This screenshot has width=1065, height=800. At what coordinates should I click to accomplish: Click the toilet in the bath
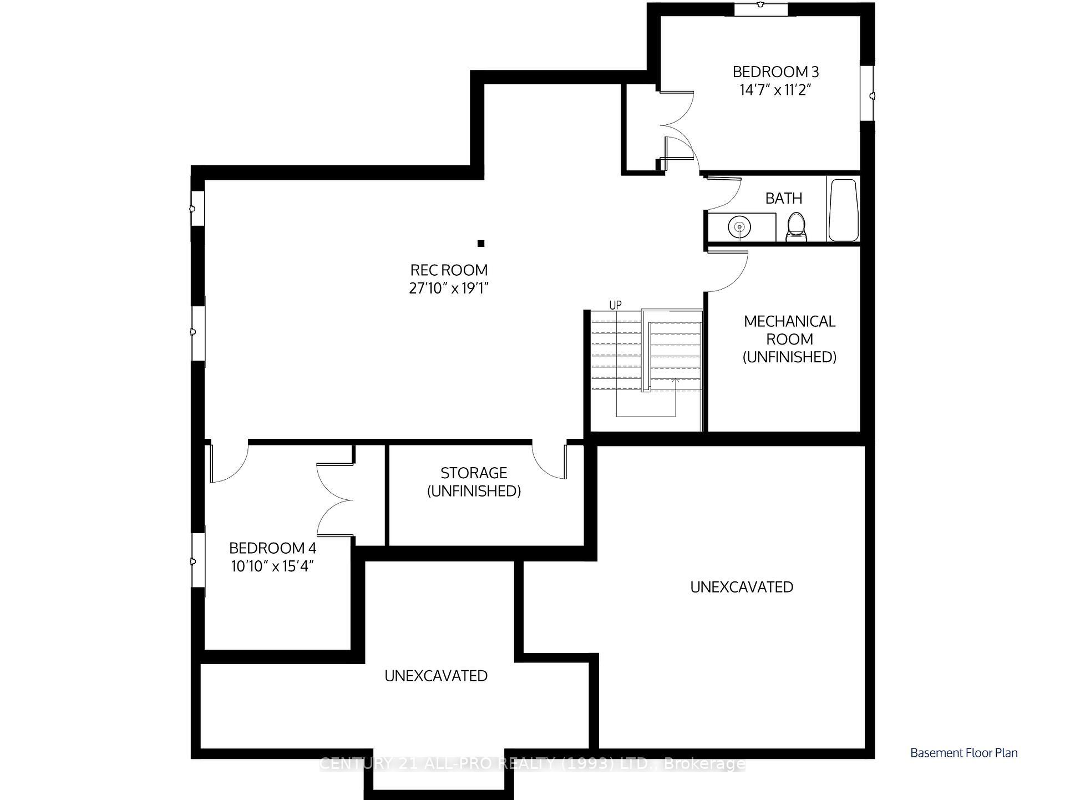pyautogui.click(x=797, y=227)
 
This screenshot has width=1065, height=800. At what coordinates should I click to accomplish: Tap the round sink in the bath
pyautogui.click(x=739, y=227)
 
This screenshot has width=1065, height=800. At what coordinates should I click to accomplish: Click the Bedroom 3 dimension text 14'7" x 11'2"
pyautogui.click(x=775, y=90)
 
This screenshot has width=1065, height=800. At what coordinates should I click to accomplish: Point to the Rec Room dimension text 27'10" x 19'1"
pyautogui.click(x=449, y=288)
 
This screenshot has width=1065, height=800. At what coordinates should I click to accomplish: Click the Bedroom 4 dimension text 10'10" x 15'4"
pyautogui.click(x=272, y=566)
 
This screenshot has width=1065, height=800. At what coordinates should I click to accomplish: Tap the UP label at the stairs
pyautogui.click(x=615, y=305)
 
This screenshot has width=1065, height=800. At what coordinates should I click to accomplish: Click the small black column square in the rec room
pyautogui.click(x=481, y=243)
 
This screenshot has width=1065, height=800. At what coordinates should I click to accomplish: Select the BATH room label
pyautogui.click(x=783, y=198)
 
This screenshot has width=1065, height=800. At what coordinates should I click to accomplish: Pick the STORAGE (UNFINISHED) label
pyautogui.click(x=474, y=482)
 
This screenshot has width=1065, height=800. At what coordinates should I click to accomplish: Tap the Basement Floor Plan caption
pyautogui.click(x=963, y=753)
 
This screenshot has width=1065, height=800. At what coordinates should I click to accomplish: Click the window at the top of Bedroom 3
pyautogui.click(x=760, y=9)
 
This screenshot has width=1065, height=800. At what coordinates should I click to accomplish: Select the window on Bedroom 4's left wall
pyautogui.click(x=198, y=560)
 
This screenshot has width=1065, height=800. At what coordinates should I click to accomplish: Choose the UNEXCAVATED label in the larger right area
pyautogui.click(x=741, y=587)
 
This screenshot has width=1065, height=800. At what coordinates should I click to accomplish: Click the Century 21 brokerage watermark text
pyautogui.click(x=532, y=764)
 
